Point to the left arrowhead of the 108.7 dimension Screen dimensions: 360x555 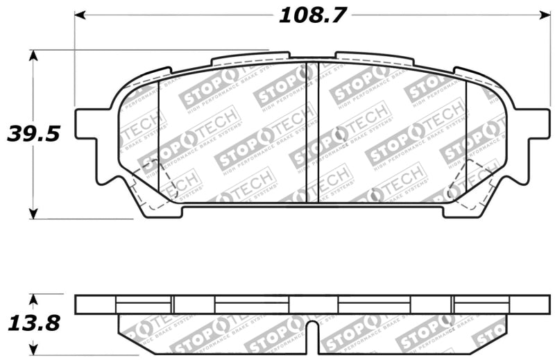(x=80, y=14)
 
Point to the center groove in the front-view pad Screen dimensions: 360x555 (x=312, y=132)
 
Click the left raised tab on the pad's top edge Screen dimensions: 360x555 (x=250, y=57)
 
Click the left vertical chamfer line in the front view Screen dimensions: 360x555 (x=159, y=139)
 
